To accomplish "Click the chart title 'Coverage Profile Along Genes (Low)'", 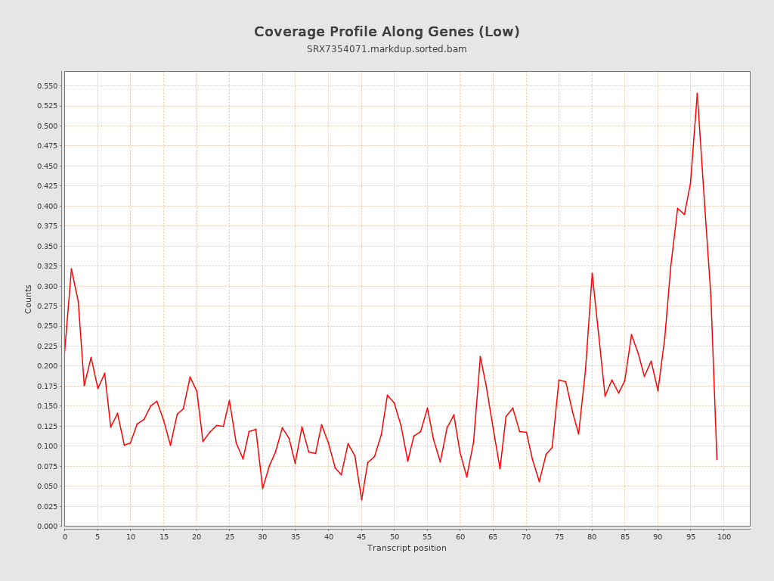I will click(x=386, y=32).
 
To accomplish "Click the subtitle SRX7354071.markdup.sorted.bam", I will click(x=386, y=49).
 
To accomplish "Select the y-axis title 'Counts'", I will click(x=29, y=299).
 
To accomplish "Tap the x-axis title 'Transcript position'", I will click(x=407, y=548).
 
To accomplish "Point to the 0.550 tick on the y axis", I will click(x=47, y=86).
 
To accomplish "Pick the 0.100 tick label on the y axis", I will click(x=47, y=446).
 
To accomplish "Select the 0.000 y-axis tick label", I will click(x=47, y=526).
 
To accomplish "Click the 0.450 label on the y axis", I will click(x=47, y=166).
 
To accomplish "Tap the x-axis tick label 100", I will click(x=724, y=536).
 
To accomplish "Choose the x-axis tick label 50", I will click(x=395, y=536).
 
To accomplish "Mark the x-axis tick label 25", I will click(x=229, y=536).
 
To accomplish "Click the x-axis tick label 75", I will click(x=559, y=536).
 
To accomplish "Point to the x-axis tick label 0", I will click(x=65, y=536).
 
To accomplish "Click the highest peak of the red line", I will click(x=697, y=93).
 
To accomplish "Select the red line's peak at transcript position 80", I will click(x=592, y=273).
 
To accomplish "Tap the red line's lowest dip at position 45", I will click(x=361, y=499).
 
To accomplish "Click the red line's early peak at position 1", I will click(x=71, y=269).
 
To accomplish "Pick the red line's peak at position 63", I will click(x=480, y=356).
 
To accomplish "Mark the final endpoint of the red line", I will click(x=717, y=459).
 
